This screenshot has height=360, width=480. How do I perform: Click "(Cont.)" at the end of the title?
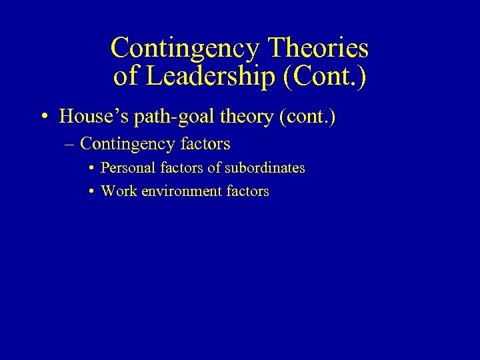tap(325, 77)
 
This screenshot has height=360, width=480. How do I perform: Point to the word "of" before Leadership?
tap(125, 77)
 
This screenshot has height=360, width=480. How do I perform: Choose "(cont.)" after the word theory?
tap(308, 117)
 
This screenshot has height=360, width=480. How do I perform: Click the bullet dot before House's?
tap(43, 118)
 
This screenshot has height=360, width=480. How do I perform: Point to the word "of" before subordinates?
tap(214, 168)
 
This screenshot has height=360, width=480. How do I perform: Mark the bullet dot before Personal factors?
tap(90, 169)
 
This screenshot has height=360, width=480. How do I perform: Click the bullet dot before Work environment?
tap(90, 192)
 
